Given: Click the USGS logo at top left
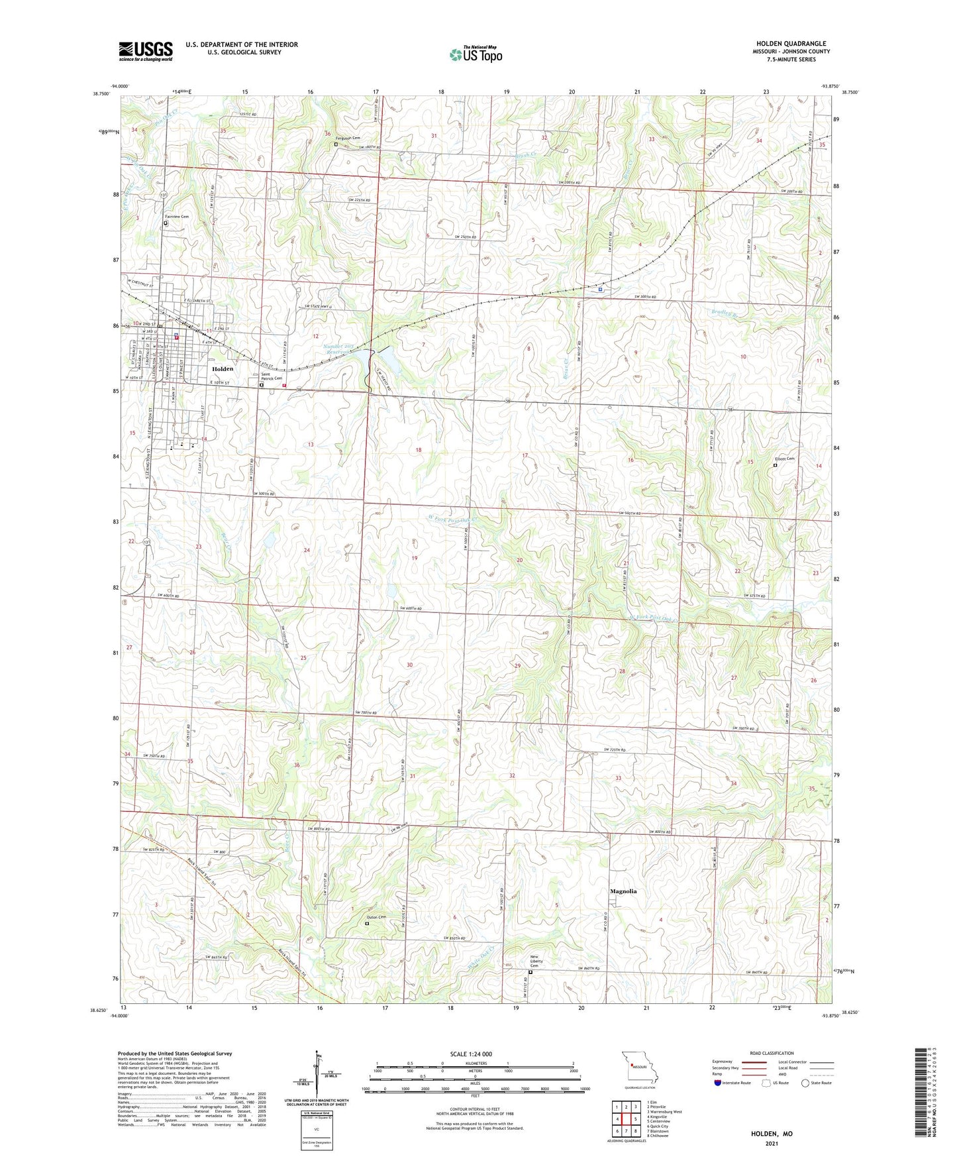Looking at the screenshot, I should (x=146, y=50).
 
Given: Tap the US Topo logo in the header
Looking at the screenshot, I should (x=476, y=54).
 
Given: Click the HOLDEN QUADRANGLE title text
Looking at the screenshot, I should (x=791, y=44).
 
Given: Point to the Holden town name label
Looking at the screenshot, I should (x=223, y=368).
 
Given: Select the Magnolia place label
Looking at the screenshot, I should (x=623, y=891).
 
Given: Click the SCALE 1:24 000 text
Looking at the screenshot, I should (x=471, y=1054).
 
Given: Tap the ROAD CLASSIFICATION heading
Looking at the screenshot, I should (x=772, y=1053).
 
